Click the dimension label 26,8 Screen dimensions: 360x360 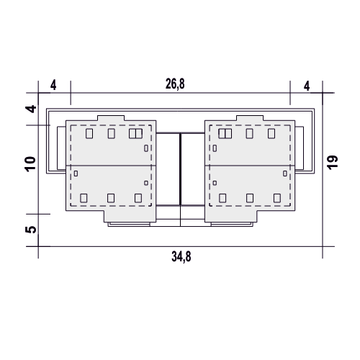click(175, 84)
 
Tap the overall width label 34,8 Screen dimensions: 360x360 click(181, 256)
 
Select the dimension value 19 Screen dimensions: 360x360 click(333, 163)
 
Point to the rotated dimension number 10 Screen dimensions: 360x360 click(30, 164)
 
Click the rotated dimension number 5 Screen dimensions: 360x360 click(30, 230)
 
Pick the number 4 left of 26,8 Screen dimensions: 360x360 click(53, 85)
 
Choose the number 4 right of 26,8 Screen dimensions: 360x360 click(307, 86)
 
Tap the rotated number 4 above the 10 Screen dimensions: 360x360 click(31, 109)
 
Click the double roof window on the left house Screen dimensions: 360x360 click(135, 133)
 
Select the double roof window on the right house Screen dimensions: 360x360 click(225, 133)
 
